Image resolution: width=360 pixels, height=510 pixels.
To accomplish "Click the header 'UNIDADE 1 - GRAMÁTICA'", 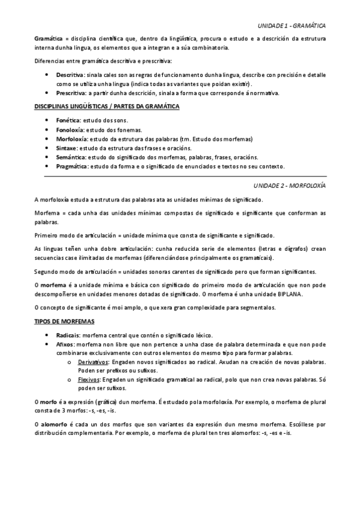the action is click(291, 26).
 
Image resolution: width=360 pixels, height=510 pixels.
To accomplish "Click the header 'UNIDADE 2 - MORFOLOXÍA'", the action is click(290, 186).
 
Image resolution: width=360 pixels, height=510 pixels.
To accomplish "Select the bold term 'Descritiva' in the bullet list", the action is click(70, 74).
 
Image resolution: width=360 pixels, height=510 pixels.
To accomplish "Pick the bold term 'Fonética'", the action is click(68, 120).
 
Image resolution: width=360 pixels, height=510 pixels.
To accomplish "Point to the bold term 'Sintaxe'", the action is click(66, 147).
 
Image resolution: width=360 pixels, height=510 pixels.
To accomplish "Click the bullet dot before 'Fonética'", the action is click(47, 120).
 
